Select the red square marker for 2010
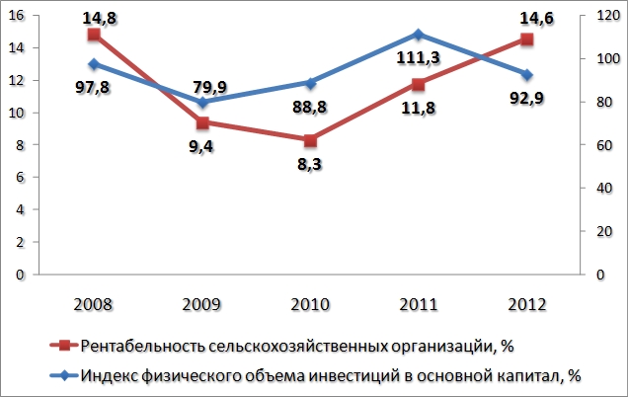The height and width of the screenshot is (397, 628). click(310, 140)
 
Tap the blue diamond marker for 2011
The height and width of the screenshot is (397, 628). click(419, 35)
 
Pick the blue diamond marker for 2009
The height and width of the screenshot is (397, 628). click(202, 103)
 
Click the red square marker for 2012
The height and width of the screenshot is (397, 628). click(526, 40)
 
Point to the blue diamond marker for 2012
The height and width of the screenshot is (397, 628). click(526, 75)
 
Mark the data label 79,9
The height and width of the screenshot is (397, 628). click(208, 88)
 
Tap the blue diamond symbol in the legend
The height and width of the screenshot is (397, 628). click(63, 375)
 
